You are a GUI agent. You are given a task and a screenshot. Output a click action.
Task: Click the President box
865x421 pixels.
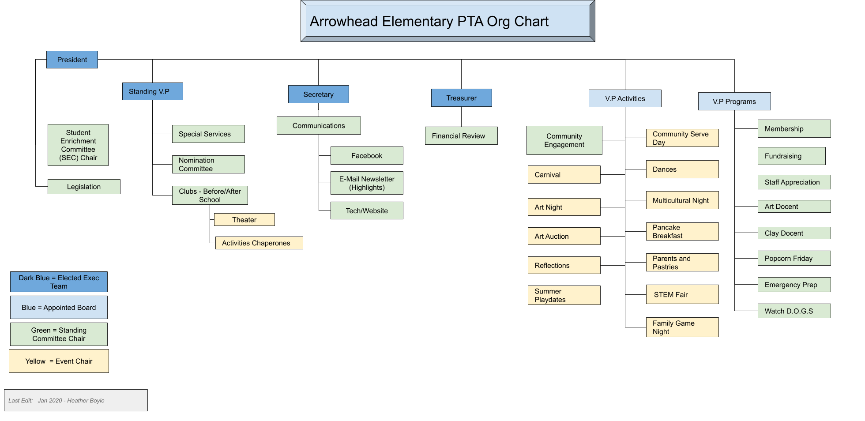click(72, 60)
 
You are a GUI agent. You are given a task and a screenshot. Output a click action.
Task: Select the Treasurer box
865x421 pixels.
click(461, 98)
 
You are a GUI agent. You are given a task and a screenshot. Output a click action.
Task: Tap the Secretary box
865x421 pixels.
click(318, 94)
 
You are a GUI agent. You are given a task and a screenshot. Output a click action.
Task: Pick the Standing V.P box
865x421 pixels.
click(152, 91)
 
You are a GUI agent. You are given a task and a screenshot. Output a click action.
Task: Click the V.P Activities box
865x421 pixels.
click(625, 98)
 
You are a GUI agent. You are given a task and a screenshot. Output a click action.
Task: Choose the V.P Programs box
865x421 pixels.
click(734, 101)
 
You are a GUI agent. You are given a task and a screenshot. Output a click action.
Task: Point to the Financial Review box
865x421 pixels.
click(461, 136)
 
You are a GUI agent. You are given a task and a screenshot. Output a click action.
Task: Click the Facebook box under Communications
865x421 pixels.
click(367, 156)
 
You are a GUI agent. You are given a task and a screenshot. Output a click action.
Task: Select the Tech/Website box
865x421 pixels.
click(367, 210)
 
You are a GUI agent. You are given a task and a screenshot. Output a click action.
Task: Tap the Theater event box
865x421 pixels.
click(244, 220)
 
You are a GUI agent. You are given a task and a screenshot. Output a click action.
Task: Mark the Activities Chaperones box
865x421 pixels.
click(259, 243)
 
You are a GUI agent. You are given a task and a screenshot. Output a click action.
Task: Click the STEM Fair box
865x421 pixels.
click(682, 294)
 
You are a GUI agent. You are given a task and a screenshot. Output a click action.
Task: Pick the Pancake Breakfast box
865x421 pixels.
click(682, 232)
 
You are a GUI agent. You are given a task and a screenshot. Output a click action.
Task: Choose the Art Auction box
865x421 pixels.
click(564, 236)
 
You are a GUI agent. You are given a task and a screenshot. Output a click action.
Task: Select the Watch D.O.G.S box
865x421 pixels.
click(794, 311)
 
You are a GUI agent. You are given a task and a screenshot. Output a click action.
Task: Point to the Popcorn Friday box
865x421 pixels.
click(794, 258)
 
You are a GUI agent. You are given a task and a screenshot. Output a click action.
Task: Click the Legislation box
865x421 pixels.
click(84, 187)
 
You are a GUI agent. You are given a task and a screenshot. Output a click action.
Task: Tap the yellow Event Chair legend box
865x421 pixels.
click(59, 361)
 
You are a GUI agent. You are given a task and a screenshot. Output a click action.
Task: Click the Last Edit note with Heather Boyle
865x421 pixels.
click(76, 400)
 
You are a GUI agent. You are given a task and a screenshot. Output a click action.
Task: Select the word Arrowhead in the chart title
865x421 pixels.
click(344, 21)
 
